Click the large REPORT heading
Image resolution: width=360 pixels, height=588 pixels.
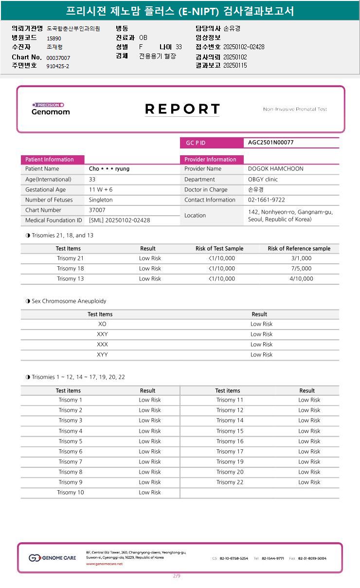click(x=182, y=109)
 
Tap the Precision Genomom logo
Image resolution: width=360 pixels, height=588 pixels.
click(x=50, y=109)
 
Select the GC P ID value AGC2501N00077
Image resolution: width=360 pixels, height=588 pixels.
click(x=271, y=143)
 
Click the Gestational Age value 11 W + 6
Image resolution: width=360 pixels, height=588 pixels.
click(x=101, y=190)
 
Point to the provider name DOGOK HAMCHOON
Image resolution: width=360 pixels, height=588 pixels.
click(x=275, y=169)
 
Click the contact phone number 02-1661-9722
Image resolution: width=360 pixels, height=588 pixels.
click(x=266, y=200)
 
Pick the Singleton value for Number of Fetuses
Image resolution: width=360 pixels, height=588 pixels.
click(x=101, y=200)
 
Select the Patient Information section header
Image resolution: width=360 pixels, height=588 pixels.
click(x=50, y=160)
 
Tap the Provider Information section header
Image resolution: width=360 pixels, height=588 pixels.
click(x=210, y=160)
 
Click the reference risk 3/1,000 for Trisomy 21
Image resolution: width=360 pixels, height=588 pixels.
click(x=301, y=258)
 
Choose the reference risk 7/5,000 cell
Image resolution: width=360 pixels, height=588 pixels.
click(x=301, y=269)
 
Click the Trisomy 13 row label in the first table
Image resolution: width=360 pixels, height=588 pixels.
click(x=70, y=279)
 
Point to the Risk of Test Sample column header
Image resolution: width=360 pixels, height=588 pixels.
click(x=219, y=249)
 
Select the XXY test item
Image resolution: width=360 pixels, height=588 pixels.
click(x=102, y=334)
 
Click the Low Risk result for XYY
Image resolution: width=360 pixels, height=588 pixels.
click(x=261, y=355)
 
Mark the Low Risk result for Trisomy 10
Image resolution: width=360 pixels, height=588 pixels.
click(x=150, y=493)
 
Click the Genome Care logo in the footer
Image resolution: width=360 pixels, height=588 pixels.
click(x=53, y=558)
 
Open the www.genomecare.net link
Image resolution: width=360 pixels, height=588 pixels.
click(x=104, y=564)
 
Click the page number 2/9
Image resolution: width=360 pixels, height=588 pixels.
click(x=177, y=576)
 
